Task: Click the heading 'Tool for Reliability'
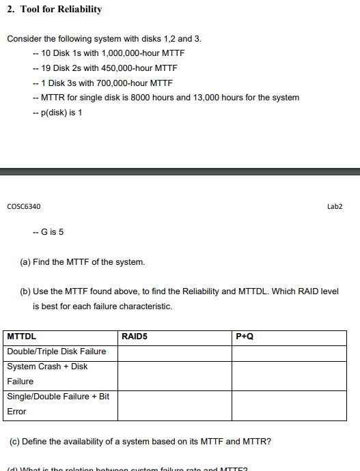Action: [61, 10]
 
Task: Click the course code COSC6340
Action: [23, 206]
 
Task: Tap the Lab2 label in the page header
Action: [335, 206]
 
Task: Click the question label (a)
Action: [25, 262]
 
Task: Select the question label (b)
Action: [25, 291]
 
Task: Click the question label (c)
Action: [14, 442]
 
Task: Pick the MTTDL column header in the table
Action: [21, 337]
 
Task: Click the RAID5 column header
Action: [134, 337]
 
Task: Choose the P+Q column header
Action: [244, 337]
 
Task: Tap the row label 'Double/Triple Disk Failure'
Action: [57, 352]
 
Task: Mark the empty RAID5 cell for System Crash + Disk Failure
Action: [174, 374]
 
